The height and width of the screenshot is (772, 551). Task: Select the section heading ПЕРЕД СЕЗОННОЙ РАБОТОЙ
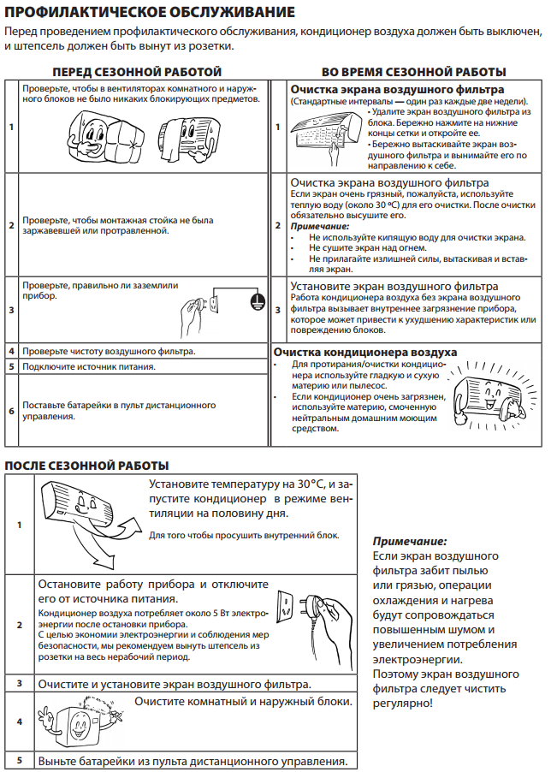137,71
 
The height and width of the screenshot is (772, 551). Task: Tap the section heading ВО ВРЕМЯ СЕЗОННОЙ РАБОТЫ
413,71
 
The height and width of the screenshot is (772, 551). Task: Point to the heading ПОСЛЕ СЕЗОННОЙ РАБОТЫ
87,465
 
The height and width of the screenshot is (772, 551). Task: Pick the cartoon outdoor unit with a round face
78,725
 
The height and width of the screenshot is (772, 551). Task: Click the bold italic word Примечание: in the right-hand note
410,542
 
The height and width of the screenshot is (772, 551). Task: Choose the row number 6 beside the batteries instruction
11,411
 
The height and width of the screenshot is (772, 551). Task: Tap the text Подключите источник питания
89,366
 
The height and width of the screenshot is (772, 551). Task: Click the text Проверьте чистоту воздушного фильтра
109,351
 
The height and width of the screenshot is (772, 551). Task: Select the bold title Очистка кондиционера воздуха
364,352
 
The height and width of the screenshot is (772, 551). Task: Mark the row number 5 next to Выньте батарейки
19,760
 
